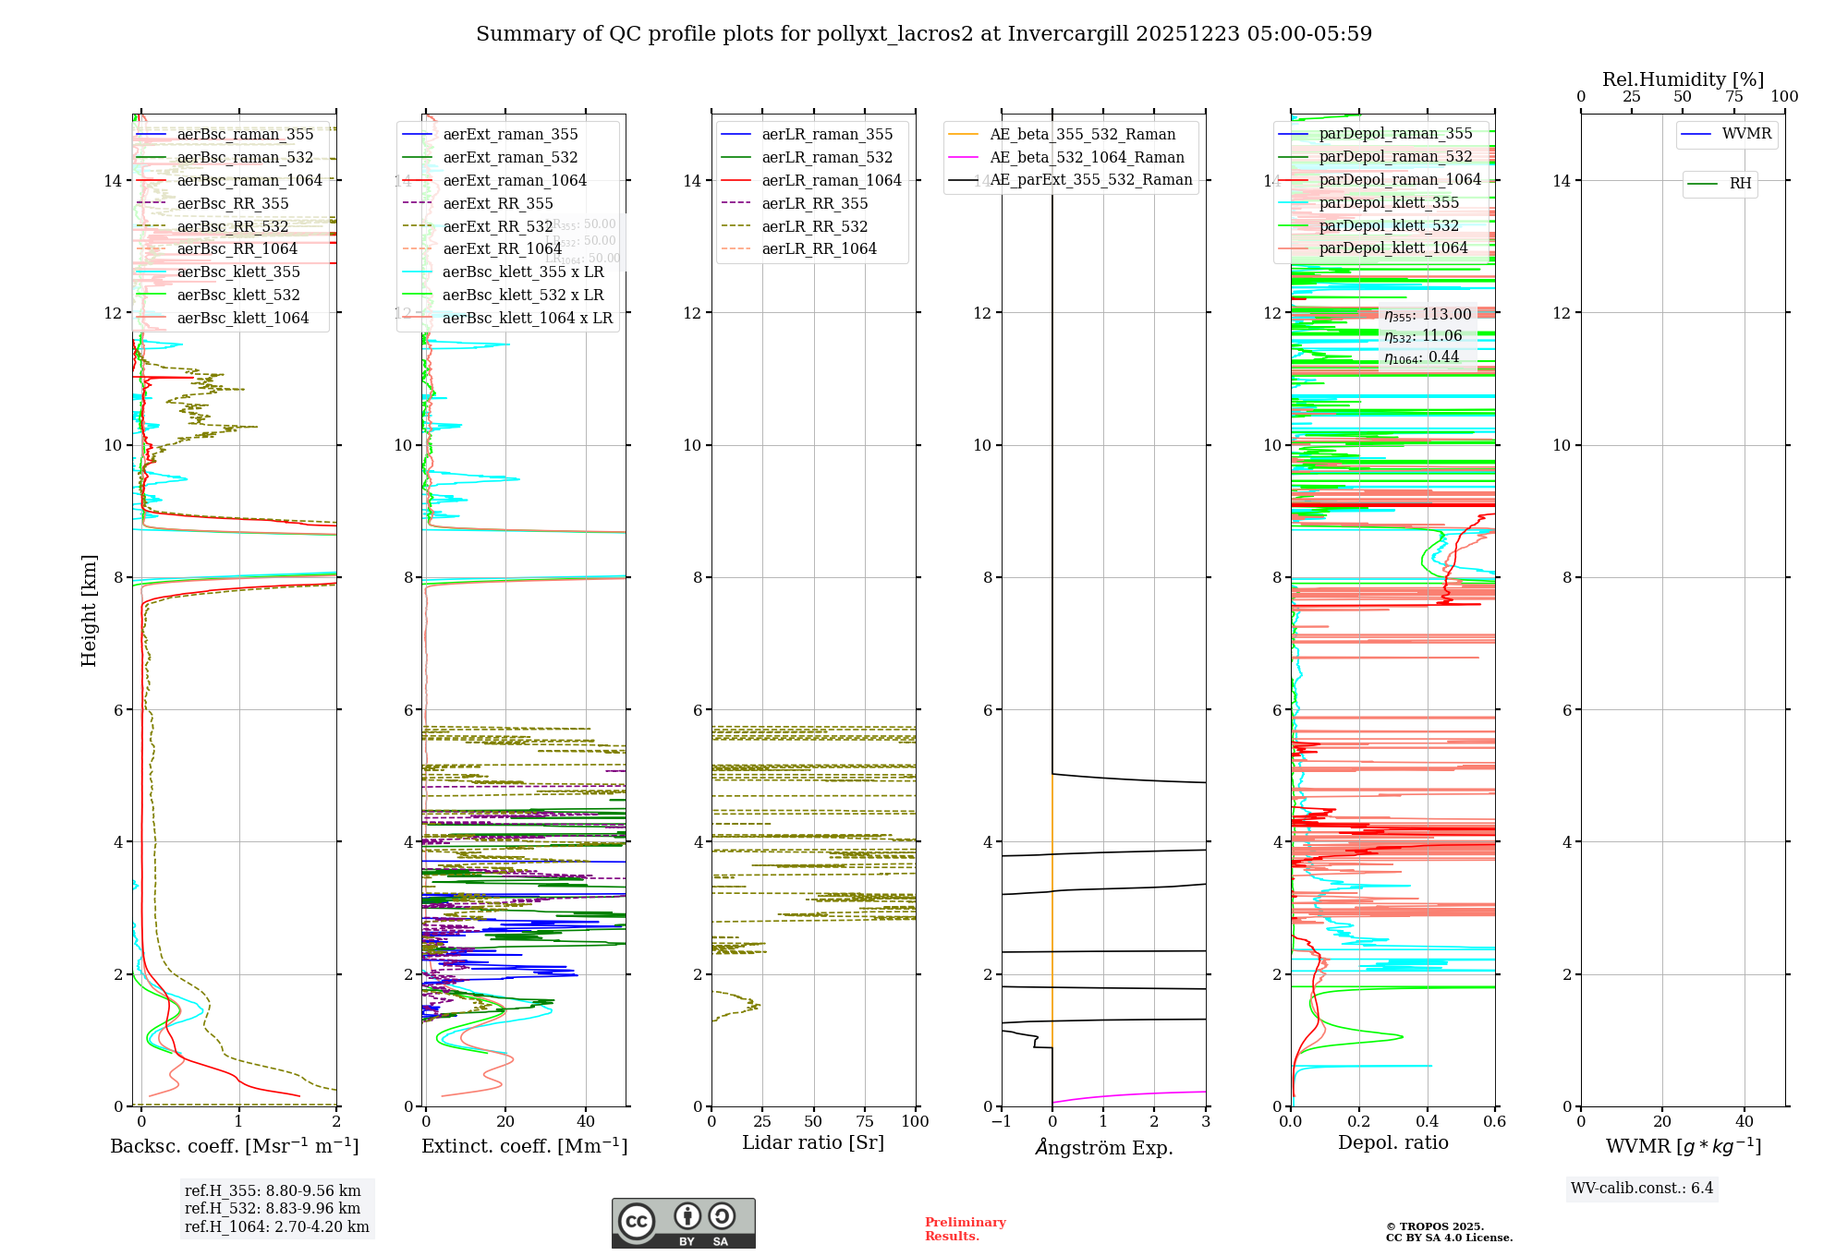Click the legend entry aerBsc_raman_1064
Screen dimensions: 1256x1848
[x=249, y=180]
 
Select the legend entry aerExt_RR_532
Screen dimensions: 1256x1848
[x=498, y=226]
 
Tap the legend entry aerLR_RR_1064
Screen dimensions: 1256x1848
[x=819, y=248]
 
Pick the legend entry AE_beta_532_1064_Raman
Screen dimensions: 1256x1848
[x=1087, y=157]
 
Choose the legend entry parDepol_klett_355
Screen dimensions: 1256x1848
[x=1389, y=202]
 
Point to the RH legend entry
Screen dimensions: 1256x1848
[x=1740, y=184]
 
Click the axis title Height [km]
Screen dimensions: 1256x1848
[x=89, y=610]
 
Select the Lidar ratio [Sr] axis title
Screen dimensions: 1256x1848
[x=813, y=1143]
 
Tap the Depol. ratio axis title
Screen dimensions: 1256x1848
[x=1392, y=1143]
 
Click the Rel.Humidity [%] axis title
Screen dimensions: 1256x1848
[x=1683, y=79]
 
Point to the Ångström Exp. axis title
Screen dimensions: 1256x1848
[x=1103, y=1148]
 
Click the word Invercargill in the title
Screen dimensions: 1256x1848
[x=1068, y=34]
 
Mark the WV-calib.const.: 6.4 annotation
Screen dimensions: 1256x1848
[x=1642, y=1189]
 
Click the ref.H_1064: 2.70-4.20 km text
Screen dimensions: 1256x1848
[x=277, y=1227]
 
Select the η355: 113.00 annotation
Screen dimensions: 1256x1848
[x=1428, y=315]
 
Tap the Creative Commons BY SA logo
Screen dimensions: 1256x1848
[x=683, y=1224]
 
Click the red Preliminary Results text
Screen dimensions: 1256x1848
[x=965, y=1229]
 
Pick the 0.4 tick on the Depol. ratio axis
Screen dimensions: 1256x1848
[x=1427, y=1121]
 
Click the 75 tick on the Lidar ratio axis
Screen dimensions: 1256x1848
[x=865, y=1121]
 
